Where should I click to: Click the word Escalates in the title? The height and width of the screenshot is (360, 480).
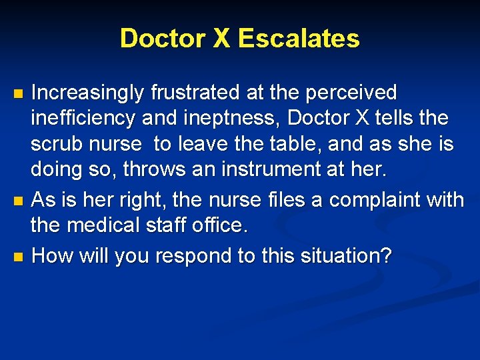coord(299,39)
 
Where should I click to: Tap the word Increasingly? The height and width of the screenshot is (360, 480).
coord(87,93)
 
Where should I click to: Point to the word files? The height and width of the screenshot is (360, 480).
coord(255,199)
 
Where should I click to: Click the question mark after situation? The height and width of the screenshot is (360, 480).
coord(386,255)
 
